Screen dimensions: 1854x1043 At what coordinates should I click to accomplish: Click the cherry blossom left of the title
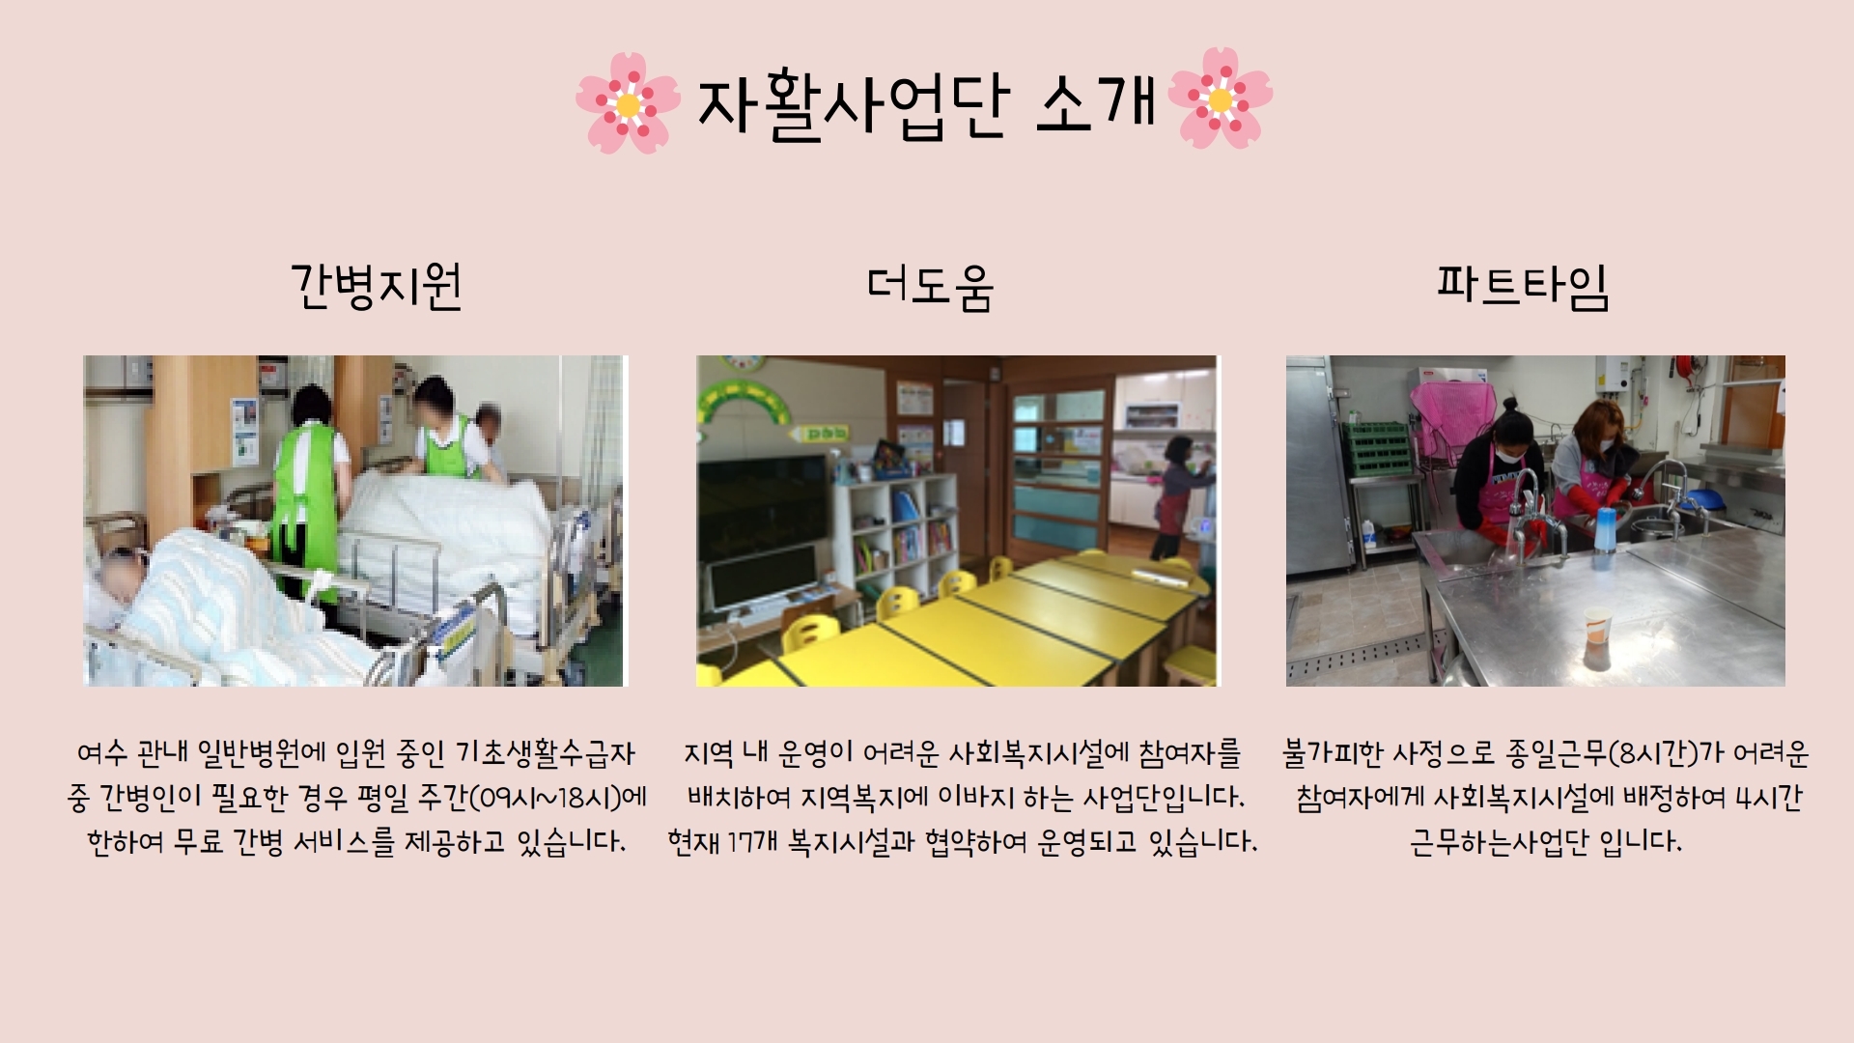coord(628,102)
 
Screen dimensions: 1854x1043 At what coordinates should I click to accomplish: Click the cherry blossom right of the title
coord(1221,99)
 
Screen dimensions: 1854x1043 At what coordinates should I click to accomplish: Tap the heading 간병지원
coord(377,287)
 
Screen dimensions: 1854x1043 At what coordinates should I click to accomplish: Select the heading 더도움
coord(930,287)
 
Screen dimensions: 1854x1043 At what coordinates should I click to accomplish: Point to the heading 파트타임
coord(1522,286)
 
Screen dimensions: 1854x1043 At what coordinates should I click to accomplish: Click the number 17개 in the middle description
coord(753,842)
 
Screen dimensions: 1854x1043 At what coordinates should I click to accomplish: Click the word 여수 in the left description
coord(102,753)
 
